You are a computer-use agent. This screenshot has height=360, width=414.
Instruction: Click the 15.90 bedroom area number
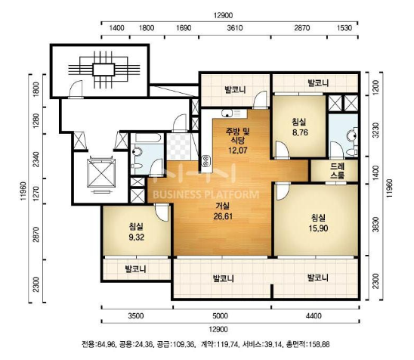coord(318,228)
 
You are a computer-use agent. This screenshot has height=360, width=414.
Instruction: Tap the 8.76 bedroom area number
coord(300,132)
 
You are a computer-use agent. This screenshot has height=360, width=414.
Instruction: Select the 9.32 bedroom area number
coord(137,237)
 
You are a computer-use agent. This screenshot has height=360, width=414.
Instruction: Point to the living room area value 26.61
coord(223,216)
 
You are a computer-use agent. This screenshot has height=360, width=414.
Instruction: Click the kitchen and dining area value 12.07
coord(238,151)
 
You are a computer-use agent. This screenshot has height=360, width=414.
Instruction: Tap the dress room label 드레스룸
coord(337,171)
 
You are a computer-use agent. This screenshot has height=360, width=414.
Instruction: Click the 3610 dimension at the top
coord(235,28)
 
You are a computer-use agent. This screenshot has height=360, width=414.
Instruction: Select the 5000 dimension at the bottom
coord(220,315)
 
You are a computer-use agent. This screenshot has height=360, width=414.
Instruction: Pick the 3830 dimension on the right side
coord(375,225)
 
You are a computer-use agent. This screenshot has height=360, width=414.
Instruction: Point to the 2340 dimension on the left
coord(36,159)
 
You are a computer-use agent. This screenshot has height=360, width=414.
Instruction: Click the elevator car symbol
coord(101,173)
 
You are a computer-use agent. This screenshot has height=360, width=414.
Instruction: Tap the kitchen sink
coord(227,113)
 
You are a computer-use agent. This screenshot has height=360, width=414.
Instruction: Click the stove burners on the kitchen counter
coord(206,161)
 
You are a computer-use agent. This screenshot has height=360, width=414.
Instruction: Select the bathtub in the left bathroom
coord(147,138)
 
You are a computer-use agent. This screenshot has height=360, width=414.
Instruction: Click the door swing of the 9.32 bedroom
coord(161,213)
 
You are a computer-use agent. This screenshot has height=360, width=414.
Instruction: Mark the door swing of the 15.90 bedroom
coord(283,191)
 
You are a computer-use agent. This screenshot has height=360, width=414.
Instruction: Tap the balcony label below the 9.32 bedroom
coord(135,269)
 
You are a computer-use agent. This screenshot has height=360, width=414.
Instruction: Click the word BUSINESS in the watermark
coord(178,195)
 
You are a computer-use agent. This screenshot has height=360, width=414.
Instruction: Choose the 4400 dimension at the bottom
coord(314,315)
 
